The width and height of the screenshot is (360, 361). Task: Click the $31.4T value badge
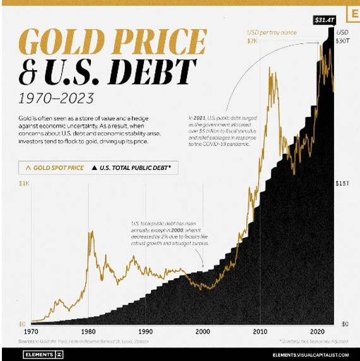click(327, 20)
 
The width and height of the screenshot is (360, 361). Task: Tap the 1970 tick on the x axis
click(30, 331)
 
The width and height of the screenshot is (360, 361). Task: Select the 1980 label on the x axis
click(88, 331)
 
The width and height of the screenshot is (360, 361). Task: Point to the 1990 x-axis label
click(146, 331)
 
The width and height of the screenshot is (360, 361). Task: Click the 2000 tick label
click(203, 331)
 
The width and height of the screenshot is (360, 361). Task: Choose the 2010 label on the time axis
click(260, 331)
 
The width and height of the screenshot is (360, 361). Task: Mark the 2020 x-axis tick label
click(318, 331)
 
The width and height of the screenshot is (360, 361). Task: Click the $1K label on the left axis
click(23, 183)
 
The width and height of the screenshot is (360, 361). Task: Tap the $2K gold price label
click(252, 41)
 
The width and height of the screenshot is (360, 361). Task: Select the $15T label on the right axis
click(342, 183)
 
